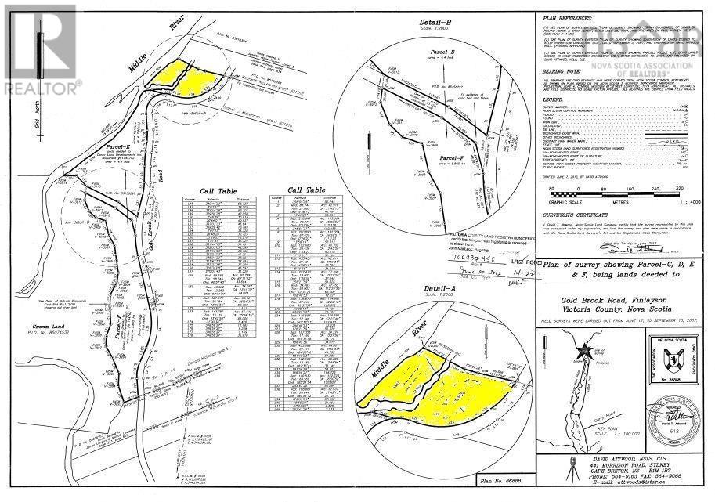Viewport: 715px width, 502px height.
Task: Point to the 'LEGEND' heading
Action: pos(554,101)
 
